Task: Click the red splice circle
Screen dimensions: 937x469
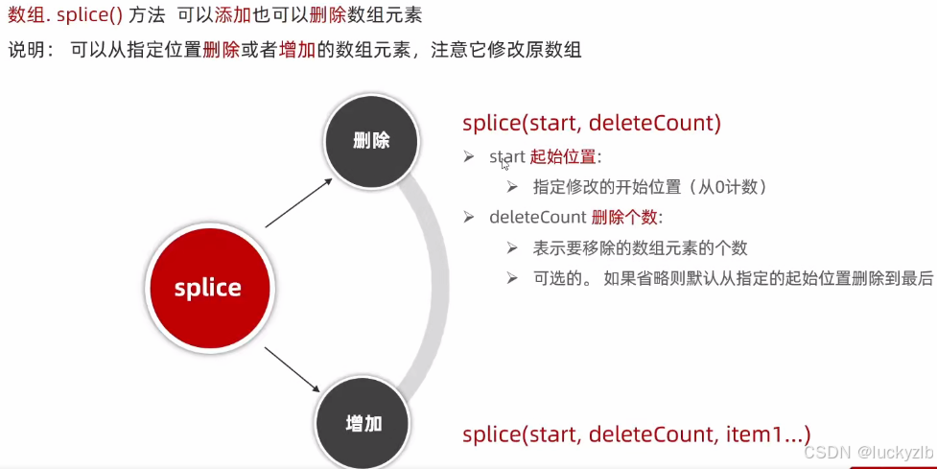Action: tap(207, 287)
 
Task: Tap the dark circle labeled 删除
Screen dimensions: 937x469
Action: tap(371, 140)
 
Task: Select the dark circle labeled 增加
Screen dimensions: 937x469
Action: tap(363, 422)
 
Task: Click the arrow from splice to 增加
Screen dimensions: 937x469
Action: tap(292, 368)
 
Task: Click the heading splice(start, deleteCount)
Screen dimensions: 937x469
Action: tap(591, 123)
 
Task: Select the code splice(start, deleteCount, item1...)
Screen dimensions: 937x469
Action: tap(637, 434)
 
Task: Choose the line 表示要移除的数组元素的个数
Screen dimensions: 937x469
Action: tap(640, 248)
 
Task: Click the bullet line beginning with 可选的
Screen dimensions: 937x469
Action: tap(734, 278)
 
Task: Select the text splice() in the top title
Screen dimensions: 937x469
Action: tap(81, 16)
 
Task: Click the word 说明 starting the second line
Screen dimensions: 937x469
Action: tap(26, 48)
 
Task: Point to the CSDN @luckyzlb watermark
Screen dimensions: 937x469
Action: tap(867, 452)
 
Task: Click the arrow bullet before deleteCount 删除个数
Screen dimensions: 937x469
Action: tap(469, 218)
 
